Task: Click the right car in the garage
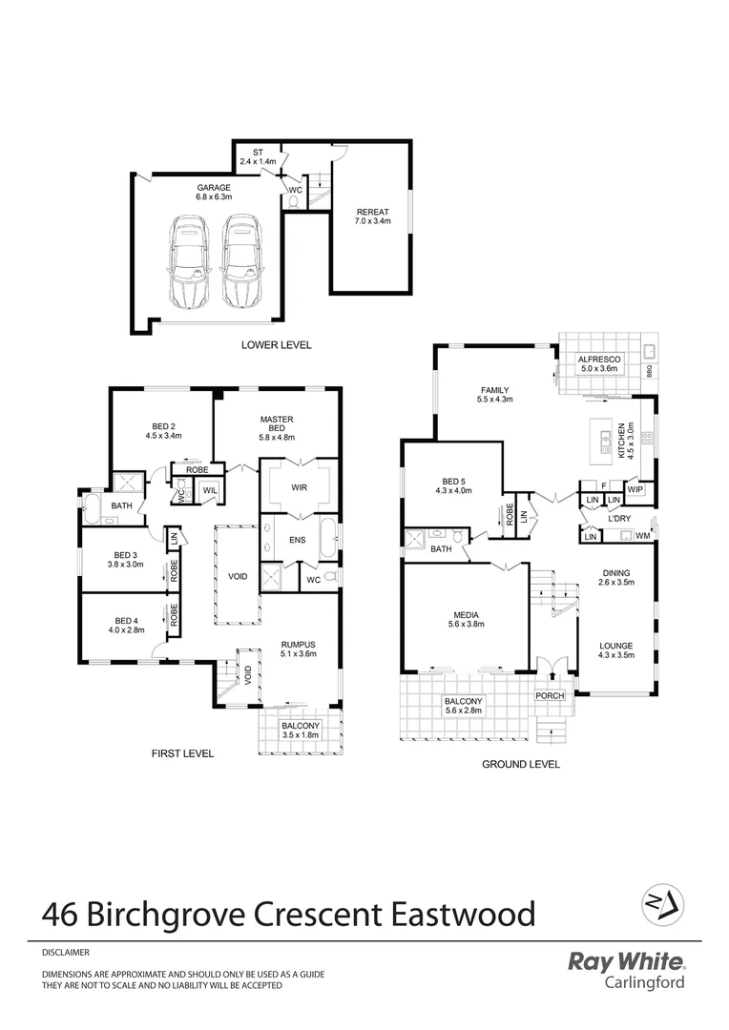click(x=240, y=260)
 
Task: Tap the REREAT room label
click(x=371, y=216)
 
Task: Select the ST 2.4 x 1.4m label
click(x=258, y=156)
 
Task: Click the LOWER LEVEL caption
click(x=277, y=345)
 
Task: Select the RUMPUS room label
click(x=298, y=649)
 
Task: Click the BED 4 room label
click(x=128, y=625)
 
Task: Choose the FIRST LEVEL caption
click(x=182, y=753)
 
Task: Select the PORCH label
click(x=550, y=696)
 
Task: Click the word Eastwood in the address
click(x=464, y=915)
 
